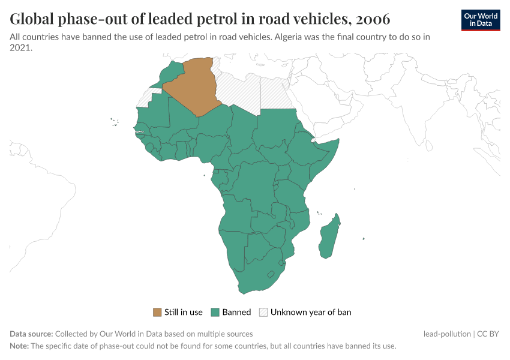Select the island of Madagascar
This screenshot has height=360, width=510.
pos(329,237)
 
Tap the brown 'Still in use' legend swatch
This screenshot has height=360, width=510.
pos(157,312)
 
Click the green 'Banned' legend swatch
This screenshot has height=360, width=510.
pos(215,312)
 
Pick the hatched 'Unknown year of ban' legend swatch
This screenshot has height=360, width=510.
pos(263,312)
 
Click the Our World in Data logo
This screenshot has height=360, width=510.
pos(481,20)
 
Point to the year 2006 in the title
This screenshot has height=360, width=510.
pos(373,19)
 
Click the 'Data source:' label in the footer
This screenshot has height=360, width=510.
pos(31,334)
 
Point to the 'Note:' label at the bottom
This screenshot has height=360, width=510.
pos(19,346)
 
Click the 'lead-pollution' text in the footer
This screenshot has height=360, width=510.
pos(447,334)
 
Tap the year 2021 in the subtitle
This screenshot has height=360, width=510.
pos(20,48)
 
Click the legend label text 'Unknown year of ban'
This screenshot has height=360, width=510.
pos(311,312)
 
